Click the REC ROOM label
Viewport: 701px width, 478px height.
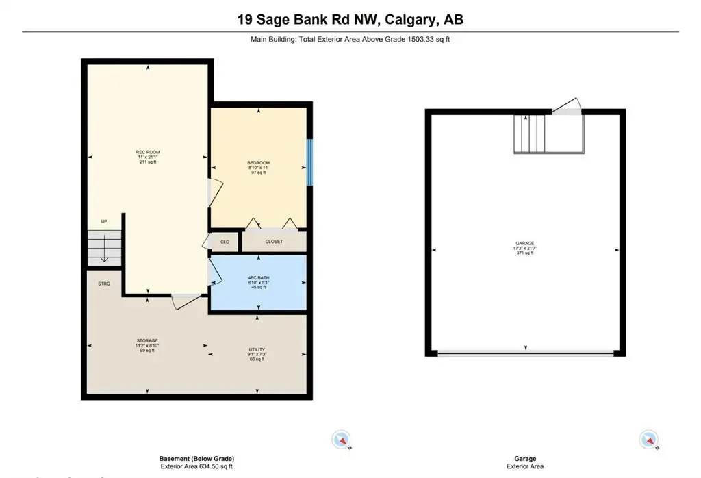pyautogui.click(x=148, y=151)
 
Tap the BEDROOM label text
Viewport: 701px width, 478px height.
pyautogui.click(x=259, y=162)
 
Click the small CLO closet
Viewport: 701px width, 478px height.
pyautogui.click(x=225, y=242)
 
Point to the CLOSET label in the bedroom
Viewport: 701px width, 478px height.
pyautogui.click(x=274, y=242)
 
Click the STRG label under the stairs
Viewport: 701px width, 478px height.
pyautogui.click(x=104, y=283)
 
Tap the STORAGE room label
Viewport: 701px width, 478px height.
pyautogui.click(x=148, y=340)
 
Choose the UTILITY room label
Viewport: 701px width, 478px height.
pyautogui.click(x=257, y=349)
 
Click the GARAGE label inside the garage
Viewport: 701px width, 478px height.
pyautogui.click(x=525, y=243)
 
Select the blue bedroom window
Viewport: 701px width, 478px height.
pyautogui.click(x=309, y=162)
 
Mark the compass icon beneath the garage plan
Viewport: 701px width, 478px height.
pyautogui.click(x=648, y=440)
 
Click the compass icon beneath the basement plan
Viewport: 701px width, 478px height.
pyautogui.click(x=340, y=440)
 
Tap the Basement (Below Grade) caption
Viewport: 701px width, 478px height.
pyautogui.click(x=197, y=459)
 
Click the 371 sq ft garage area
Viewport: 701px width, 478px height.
pyautogui.click(x=525, y=253)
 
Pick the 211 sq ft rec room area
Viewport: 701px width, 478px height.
pyautogui.click(x=148, y=162)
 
